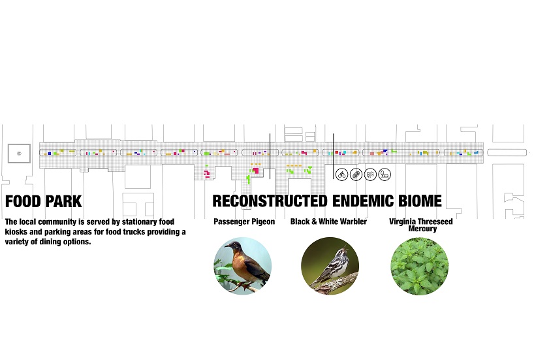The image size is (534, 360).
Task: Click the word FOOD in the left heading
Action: [x=24, y=201]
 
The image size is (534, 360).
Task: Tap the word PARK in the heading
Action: [x=63, y=201]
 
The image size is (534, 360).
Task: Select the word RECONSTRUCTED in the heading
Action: [x=270, y=201]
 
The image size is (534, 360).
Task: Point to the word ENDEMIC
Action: [x=364, y=201]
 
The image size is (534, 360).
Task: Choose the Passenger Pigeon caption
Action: [x=244, y=222]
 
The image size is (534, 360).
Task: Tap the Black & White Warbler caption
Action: [x=328, y=222]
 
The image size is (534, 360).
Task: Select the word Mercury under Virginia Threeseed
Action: [x=422, y=229]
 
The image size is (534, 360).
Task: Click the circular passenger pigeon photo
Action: [x=242, y=265]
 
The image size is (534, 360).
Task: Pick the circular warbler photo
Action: [x=330, y=265]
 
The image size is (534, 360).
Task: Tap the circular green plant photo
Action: [x=420, y=265]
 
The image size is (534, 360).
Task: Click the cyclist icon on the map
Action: [x=341, y=174]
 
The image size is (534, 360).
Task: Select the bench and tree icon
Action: [x=385, y=174]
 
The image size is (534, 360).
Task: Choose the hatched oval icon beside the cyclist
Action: [x=356, y=174]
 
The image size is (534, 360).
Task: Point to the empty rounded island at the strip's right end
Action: [x=507, y=152]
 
